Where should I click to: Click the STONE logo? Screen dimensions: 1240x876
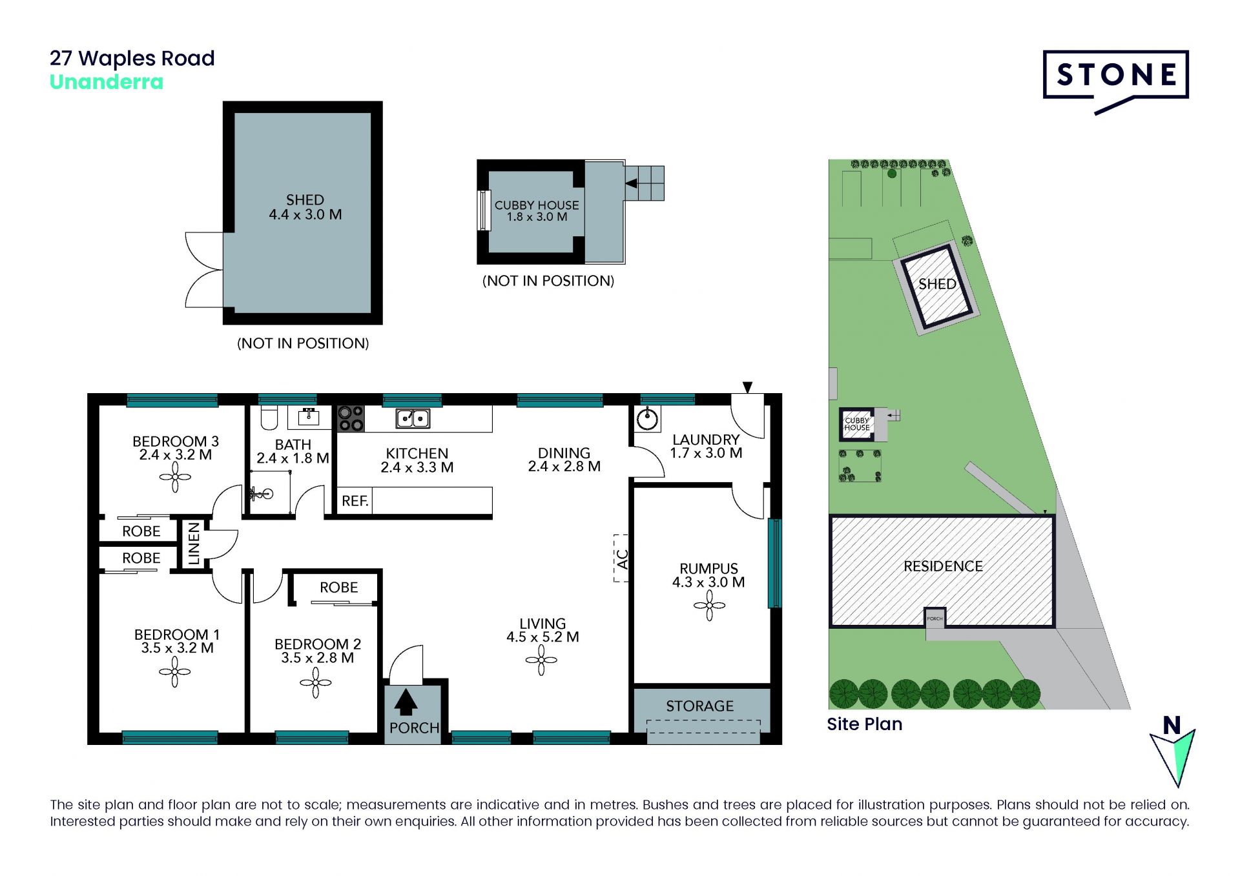pyautogui.click(x=1115, y=81)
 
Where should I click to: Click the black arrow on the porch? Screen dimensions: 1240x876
pyautogui.click(x=406, y=702)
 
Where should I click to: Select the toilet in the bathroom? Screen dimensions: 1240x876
pyautogui.click(x=269, y=417)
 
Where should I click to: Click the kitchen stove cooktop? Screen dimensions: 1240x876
pyautogui.click(x=351, y=418)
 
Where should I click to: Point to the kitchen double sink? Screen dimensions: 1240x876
pyautogui.click(x=413, y=419)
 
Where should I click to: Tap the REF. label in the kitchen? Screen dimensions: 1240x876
pyautogui.click(x=355, y=501)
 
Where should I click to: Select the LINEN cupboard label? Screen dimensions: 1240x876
pyautogui.click(x=194, y=544)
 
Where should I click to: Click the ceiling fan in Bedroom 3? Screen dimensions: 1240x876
pyautogui.click(x=175, y=478)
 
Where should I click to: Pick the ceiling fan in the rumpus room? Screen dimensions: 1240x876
pyautogui.click(x=709, y=606)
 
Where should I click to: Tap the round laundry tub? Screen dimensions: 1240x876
pyautogui.click(x=646, y=420)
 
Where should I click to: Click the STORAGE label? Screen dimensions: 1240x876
pyautogui.click(x=699, y=706)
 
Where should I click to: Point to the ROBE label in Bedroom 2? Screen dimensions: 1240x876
pyautogui.click(x=338, y=587)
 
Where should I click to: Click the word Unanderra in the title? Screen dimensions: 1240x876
pyautogui.click(x=107, y=82)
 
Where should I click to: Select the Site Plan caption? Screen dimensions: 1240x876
pyautogui.click(x=864, y=724)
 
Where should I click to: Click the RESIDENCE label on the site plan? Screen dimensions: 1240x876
pyautogui.click(x=943, y=566)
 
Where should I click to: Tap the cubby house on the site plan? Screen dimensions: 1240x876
pyautogui.click(x=857, y=423)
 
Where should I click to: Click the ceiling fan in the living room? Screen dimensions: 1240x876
pyautogui.click(x=541, y=660)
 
